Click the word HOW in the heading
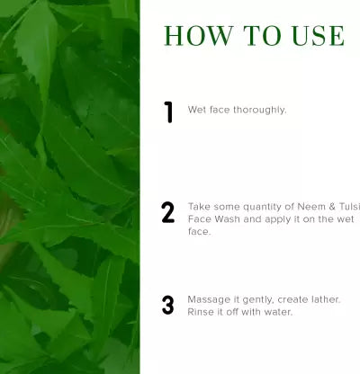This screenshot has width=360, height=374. [x=199, y=36]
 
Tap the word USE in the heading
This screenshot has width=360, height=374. [x=318, y=36]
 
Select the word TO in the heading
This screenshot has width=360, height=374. [x=262, y=36]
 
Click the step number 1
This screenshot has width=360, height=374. [x=169, y=112]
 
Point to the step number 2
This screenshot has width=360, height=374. [x=168, y=212]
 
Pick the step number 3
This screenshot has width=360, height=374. [x=168, y=305]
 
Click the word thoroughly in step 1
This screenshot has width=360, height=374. [x=260, y=111]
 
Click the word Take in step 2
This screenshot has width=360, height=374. [x=199, y=207]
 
